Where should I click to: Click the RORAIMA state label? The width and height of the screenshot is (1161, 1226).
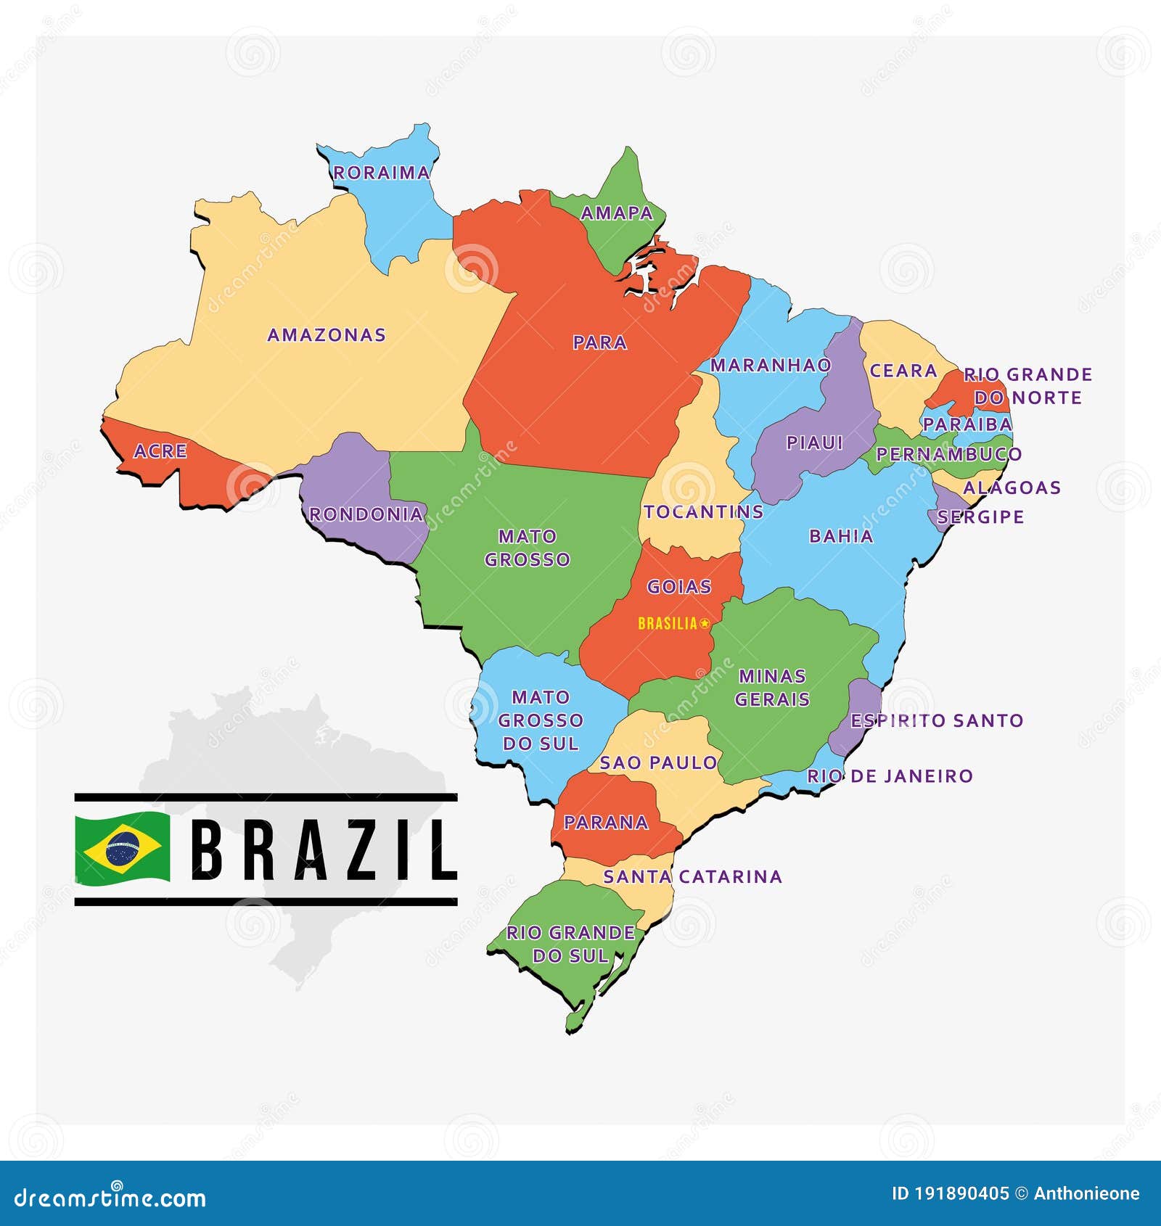pyautogui.click(x=382, y=173)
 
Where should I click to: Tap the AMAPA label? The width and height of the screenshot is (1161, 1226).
pyautogui.click(x=617, y=213)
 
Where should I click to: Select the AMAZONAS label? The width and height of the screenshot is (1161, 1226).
pyautogui.click(x=327, y=335)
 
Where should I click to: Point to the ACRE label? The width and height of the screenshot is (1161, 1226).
pyautogui.click(x=160, y=451)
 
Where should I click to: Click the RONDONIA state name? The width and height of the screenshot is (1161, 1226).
pyautogui.click(x=366, y=514)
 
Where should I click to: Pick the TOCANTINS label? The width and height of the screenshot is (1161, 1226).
pyautogui.click(x=703, y=512)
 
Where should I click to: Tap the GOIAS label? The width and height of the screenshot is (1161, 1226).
pyautogui.click(x=679, y=587)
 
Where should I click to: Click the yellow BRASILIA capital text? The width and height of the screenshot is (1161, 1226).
pyautogui.click(x=668, y=623)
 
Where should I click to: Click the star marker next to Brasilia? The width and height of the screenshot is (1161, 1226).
pyautogui.click(x=704, y=623)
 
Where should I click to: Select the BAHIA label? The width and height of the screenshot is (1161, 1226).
pyautogui.click(x=841, y=536)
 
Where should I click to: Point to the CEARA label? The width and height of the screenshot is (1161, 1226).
pyautogui.click(x=903, y=371)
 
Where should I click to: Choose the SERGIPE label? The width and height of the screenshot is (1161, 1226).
pyautogui.click(x=980, y=517)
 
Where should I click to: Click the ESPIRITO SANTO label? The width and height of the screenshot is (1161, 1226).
pyautogui.click(x=937, y=720)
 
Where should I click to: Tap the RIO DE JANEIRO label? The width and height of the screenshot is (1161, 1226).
pyautogui.click(x=890, y=776)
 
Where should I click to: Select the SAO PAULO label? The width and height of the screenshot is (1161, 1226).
pyautogui.click(x=658, y=763)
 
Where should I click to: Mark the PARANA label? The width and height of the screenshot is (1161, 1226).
pyautogui.click(x=606, y=823)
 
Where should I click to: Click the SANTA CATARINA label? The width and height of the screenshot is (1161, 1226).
pyautogui.click(x=693, y=877)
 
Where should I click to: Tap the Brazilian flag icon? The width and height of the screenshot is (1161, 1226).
pyautogui.click(x=123, y=849)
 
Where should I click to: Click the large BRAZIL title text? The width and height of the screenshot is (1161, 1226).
pyautogui.click(x=324, y=849)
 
